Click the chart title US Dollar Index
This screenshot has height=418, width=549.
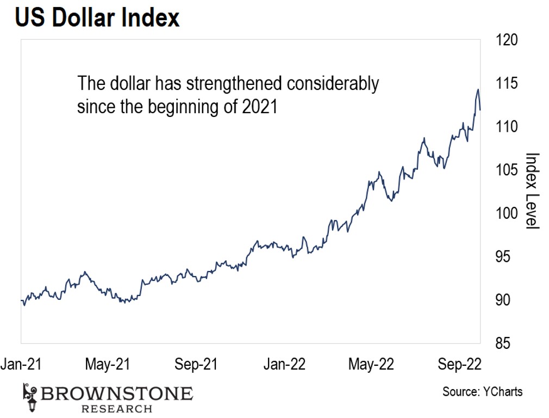97,18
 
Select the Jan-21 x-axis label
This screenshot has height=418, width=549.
20,364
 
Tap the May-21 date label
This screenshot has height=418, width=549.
108,364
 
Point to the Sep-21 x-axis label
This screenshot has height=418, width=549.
196,364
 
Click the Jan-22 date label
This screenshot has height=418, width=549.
284,364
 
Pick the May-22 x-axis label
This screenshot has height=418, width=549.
371,364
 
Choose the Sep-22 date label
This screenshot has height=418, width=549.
459,364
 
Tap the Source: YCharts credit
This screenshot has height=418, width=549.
482,391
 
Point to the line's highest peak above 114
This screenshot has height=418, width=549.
478,90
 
